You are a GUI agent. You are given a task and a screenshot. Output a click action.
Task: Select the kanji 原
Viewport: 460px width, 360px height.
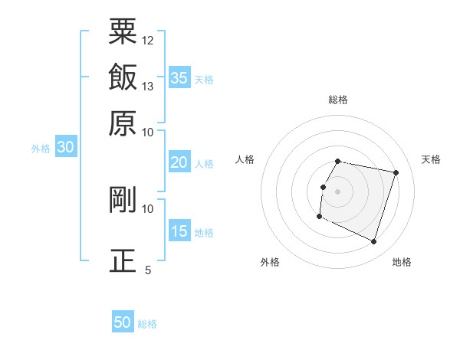(123, 123)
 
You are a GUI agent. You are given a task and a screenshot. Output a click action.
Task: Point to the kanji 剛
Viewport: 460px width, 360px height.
(123, 200)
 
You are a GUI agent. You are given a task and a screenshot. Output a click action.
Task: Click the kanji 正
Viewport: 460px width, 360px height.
(123, 260)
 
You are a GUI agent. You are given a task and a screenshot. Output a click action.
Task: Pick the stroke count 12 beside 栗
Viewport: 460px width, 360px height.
(148, 40)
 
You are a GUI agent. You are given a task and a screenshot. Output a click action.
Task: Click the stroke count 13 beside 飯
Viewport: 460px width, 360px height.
(148, 86)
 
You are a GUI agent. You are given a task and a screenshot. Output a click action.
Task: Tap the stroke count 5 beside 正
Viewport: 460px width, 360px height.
(148, 270)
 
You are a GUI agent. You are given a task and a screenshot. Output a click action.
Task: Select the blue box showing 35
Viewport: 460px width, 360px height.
(179, 77)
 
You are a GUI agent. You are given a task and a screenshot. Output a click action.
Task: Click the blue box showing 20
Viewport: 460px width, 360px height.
(179, 162)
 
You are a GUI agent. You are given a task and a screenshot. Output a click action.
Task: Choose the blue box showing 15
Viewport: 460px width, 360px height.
(179, 231)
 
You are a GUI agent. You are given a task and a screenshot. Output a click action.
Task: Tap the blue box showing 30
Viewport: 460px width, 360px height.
(65, 147)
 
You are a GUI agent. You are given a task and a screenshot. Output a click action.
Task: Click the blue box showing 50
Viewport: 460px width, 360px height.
(123, 322)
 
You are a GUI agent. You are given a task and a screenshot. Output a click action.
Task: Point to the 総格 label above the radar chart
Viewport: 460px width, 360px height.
(338, 100)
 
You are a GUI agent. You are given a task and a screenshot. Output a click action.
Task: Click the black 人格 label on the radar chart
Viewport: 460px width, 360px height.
(245, 159)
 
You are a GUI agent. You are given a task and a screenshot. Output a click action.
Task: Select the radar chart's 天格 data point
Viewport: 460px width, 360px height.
(396, 173)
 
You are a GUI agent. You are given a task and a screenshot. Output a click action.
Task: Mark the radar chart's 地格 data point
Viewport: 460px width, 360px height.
(374, 242)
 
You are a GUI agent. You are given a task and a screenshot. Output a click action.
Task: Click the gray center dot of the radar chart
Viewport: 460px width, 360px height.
(338, 191)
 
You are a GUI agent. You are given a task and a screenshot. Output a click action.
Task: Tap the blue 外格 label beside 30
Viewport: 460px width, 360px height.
(41, 149)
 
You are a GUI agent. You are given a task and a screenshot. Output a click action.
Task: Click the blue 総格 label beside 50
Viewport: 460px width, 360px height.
(147, 324)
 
